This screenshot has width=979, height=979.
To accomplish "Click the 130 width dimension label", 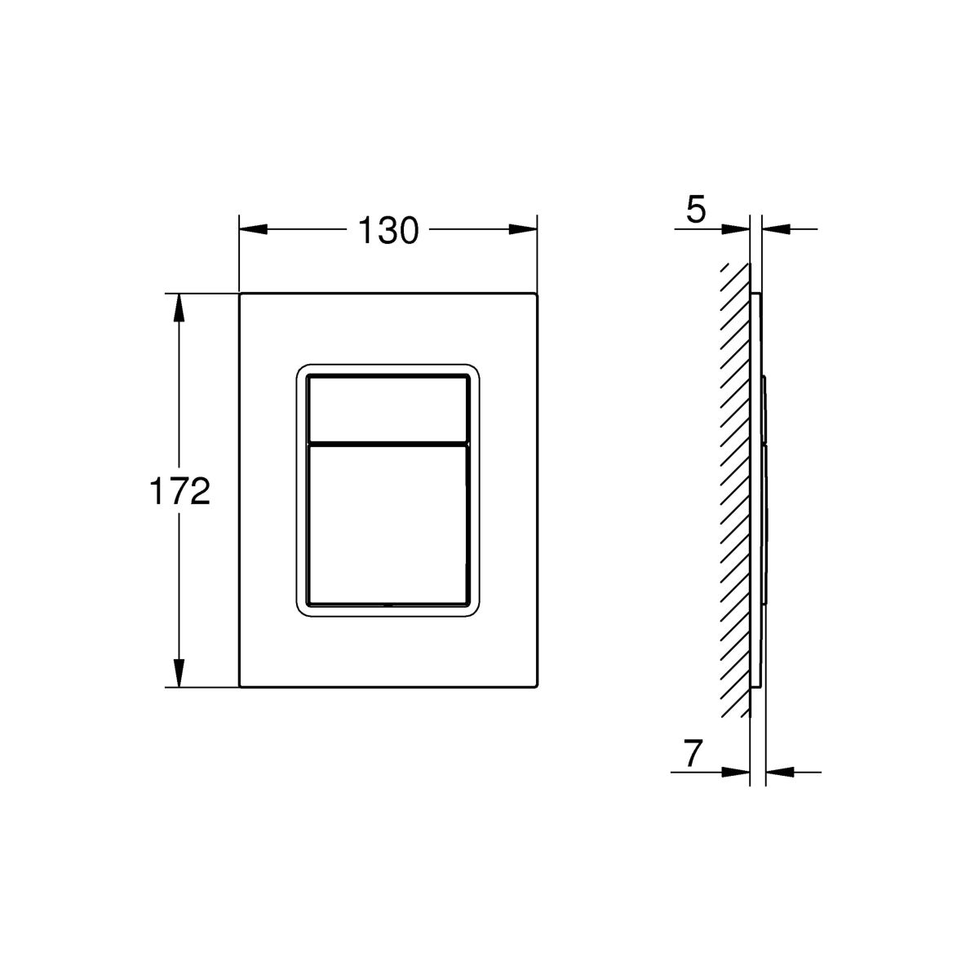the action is click(388, 231).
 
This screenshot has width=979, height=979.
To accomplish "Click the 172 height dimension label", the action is click(179, 492).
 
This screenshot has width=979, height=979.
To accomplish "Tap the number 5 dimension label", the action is click(696, 210).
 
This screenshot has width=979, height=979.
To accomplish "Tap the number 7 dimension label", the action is click(693, 754).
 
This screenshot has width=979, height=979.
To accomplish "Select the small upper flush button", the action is click(388, 409).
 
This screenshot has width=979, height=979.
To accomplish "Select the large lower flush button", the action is click(388, 525).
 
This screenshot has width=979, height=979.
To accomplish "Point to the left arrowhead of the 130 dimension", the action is click(253, 229).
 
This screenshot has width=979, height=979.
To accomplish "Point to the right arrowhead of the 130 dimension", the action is click(523, 229).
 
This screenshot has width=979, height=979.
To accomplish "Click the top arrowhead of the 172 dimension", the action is click(179, 308).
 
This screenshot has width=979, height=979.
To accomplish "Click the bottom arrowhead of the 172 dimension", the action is click(179, 673).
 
